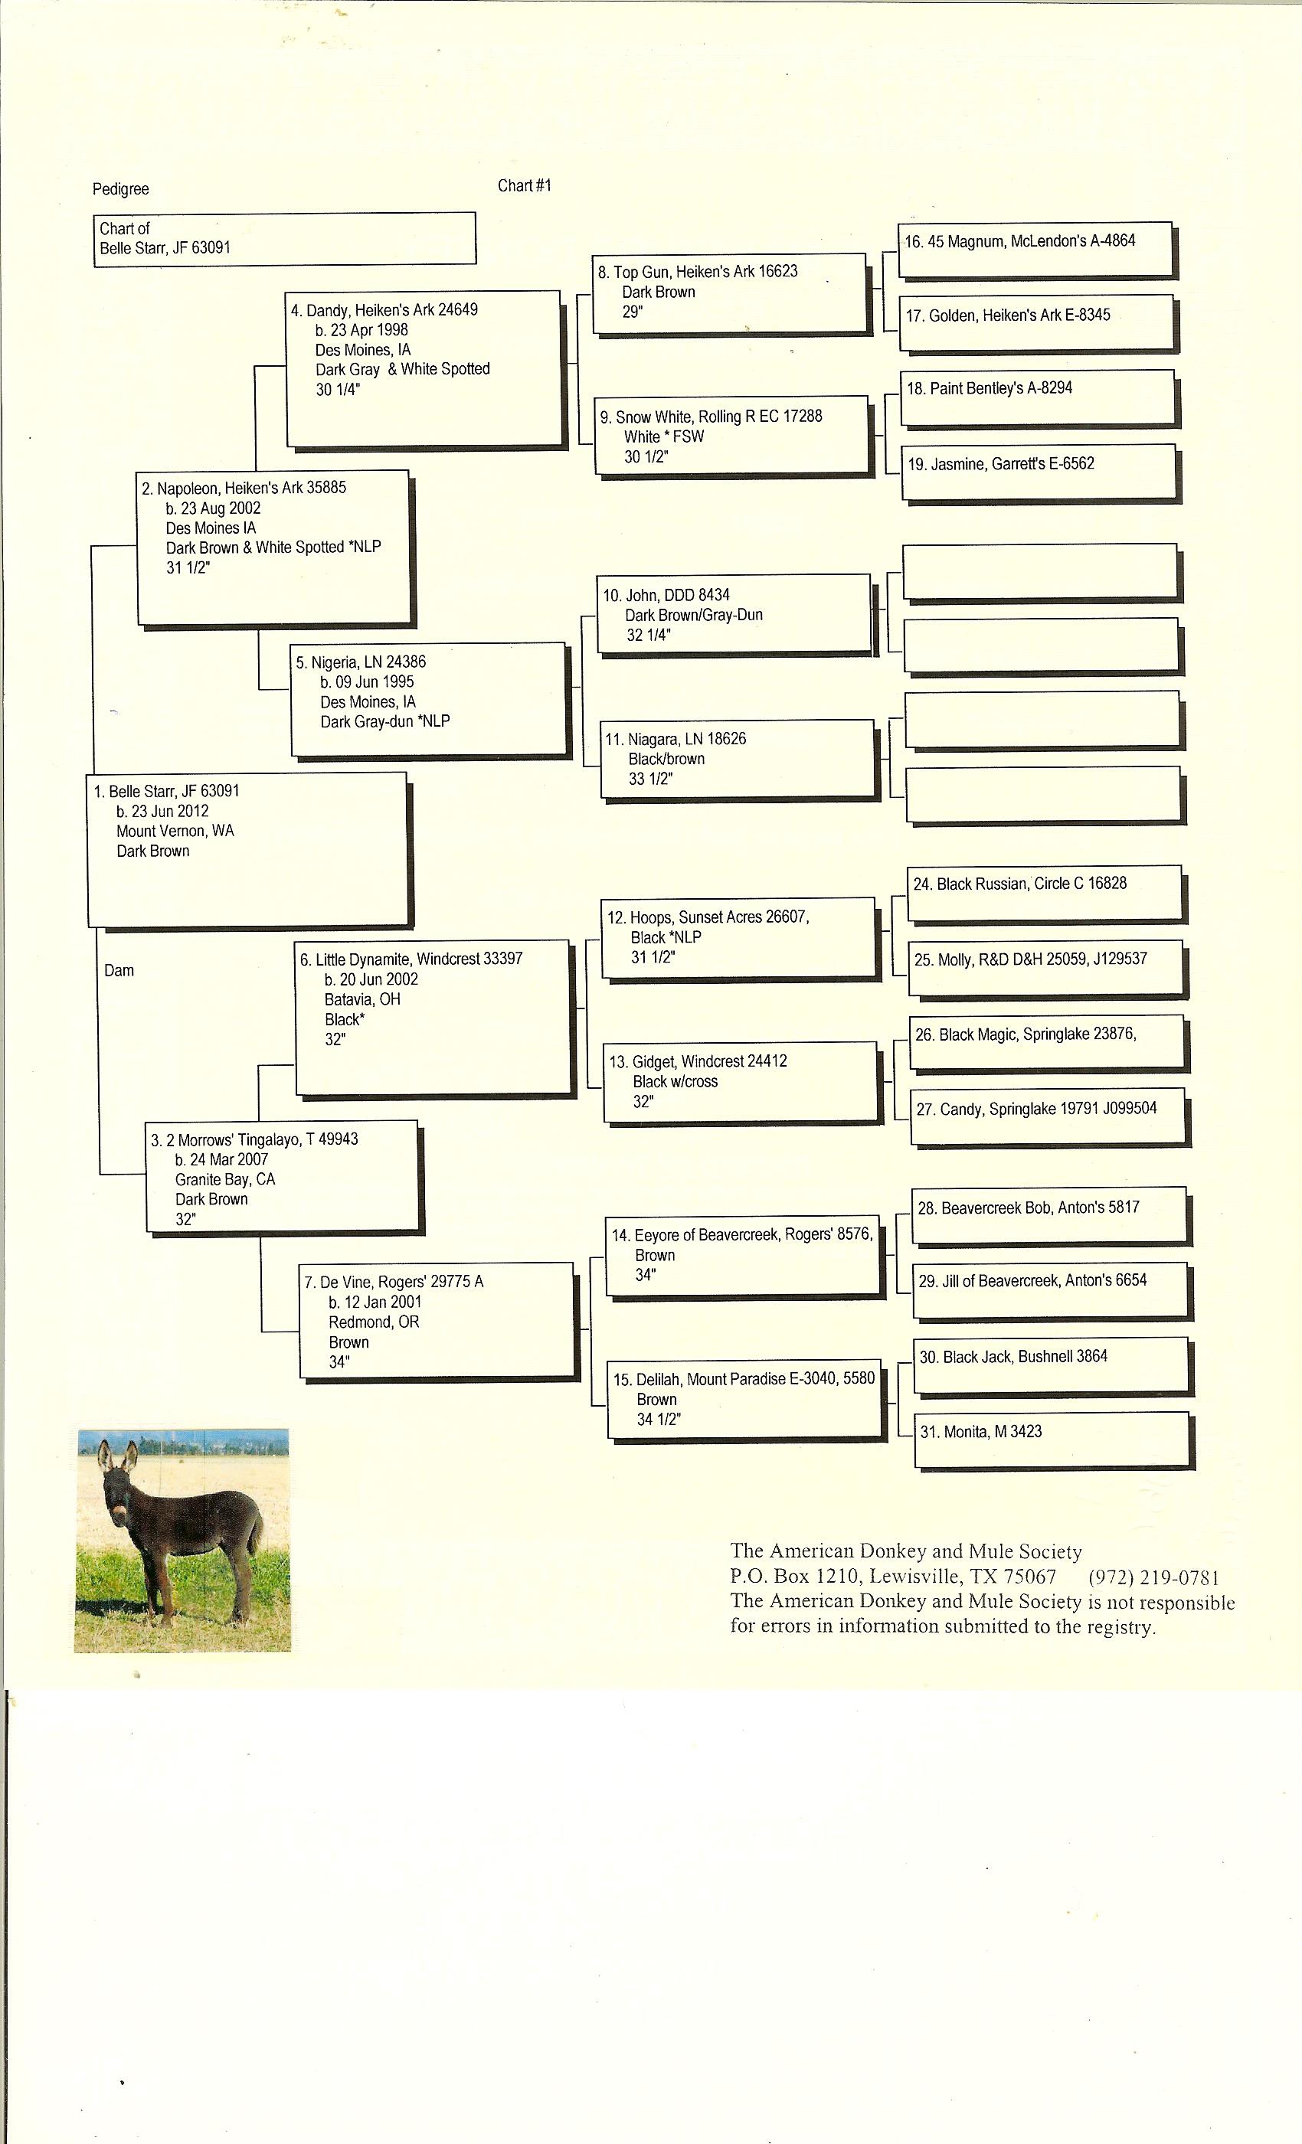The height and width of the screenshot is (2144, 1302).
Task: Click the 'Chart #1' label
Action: pos(524,185)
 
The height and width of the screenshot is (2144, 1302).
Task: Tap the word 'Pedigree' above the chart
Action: pos(120,189)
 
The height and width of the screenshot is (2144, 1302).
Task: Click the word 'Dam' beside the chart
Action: pos(119,970)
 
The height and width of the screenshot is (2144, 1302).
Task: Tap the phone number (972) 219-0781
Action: pos(1153,1577)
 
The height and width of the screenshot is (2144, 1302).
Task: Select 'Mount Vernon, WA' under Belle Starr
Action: pos(175,831)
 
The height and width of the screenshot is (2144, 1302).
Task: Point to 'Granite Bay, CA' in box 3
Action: pos(224,1179)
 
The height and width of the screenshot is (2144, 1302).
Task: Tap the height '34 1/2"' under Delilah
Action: pos(658,1419)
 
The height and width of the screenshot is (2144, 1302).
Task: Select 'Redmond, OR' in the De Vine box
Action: pos(374,1322)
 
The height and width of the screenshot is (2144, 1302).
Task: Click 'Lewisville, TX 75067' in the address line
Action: pos(962,1577)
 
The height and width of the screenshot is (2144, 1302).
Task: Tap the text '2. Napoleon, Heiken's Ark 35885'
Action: pos(244,489)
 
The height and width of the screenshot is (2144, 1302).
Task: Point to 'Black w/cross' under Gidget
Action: pos(675,1081)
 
